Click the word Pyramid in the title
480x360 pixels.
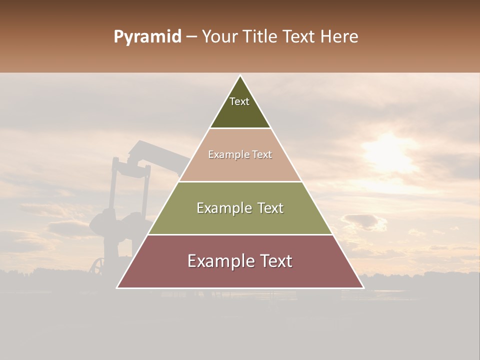[147, 37]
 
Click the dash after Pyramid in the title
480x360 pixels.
[191, 37]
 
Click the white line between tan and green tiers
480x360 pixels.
[240, 181]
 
